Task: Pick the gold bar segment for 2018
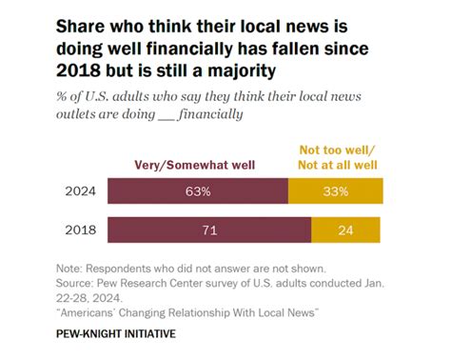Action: (345, 230)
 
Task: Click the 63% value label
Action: (198, 190)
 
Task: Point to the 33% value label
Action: (335, 190)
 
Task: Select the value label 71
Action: (209, 230)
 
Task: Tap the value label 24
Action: (345, 230)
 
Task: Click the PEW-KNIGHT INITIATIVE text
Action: (115, 334)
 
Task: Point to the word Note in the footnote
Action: (68, 270)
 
